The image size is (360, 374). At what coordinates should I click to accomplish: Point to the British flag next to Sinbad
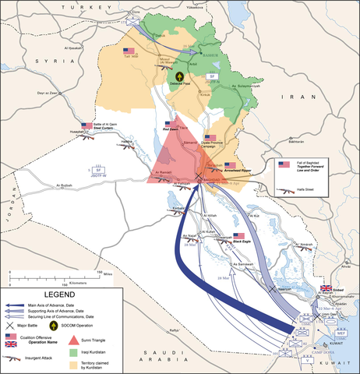(x=326, y=288)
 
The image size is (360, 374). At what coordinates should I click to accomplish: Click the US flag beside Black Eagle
(x=238, y=235)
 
